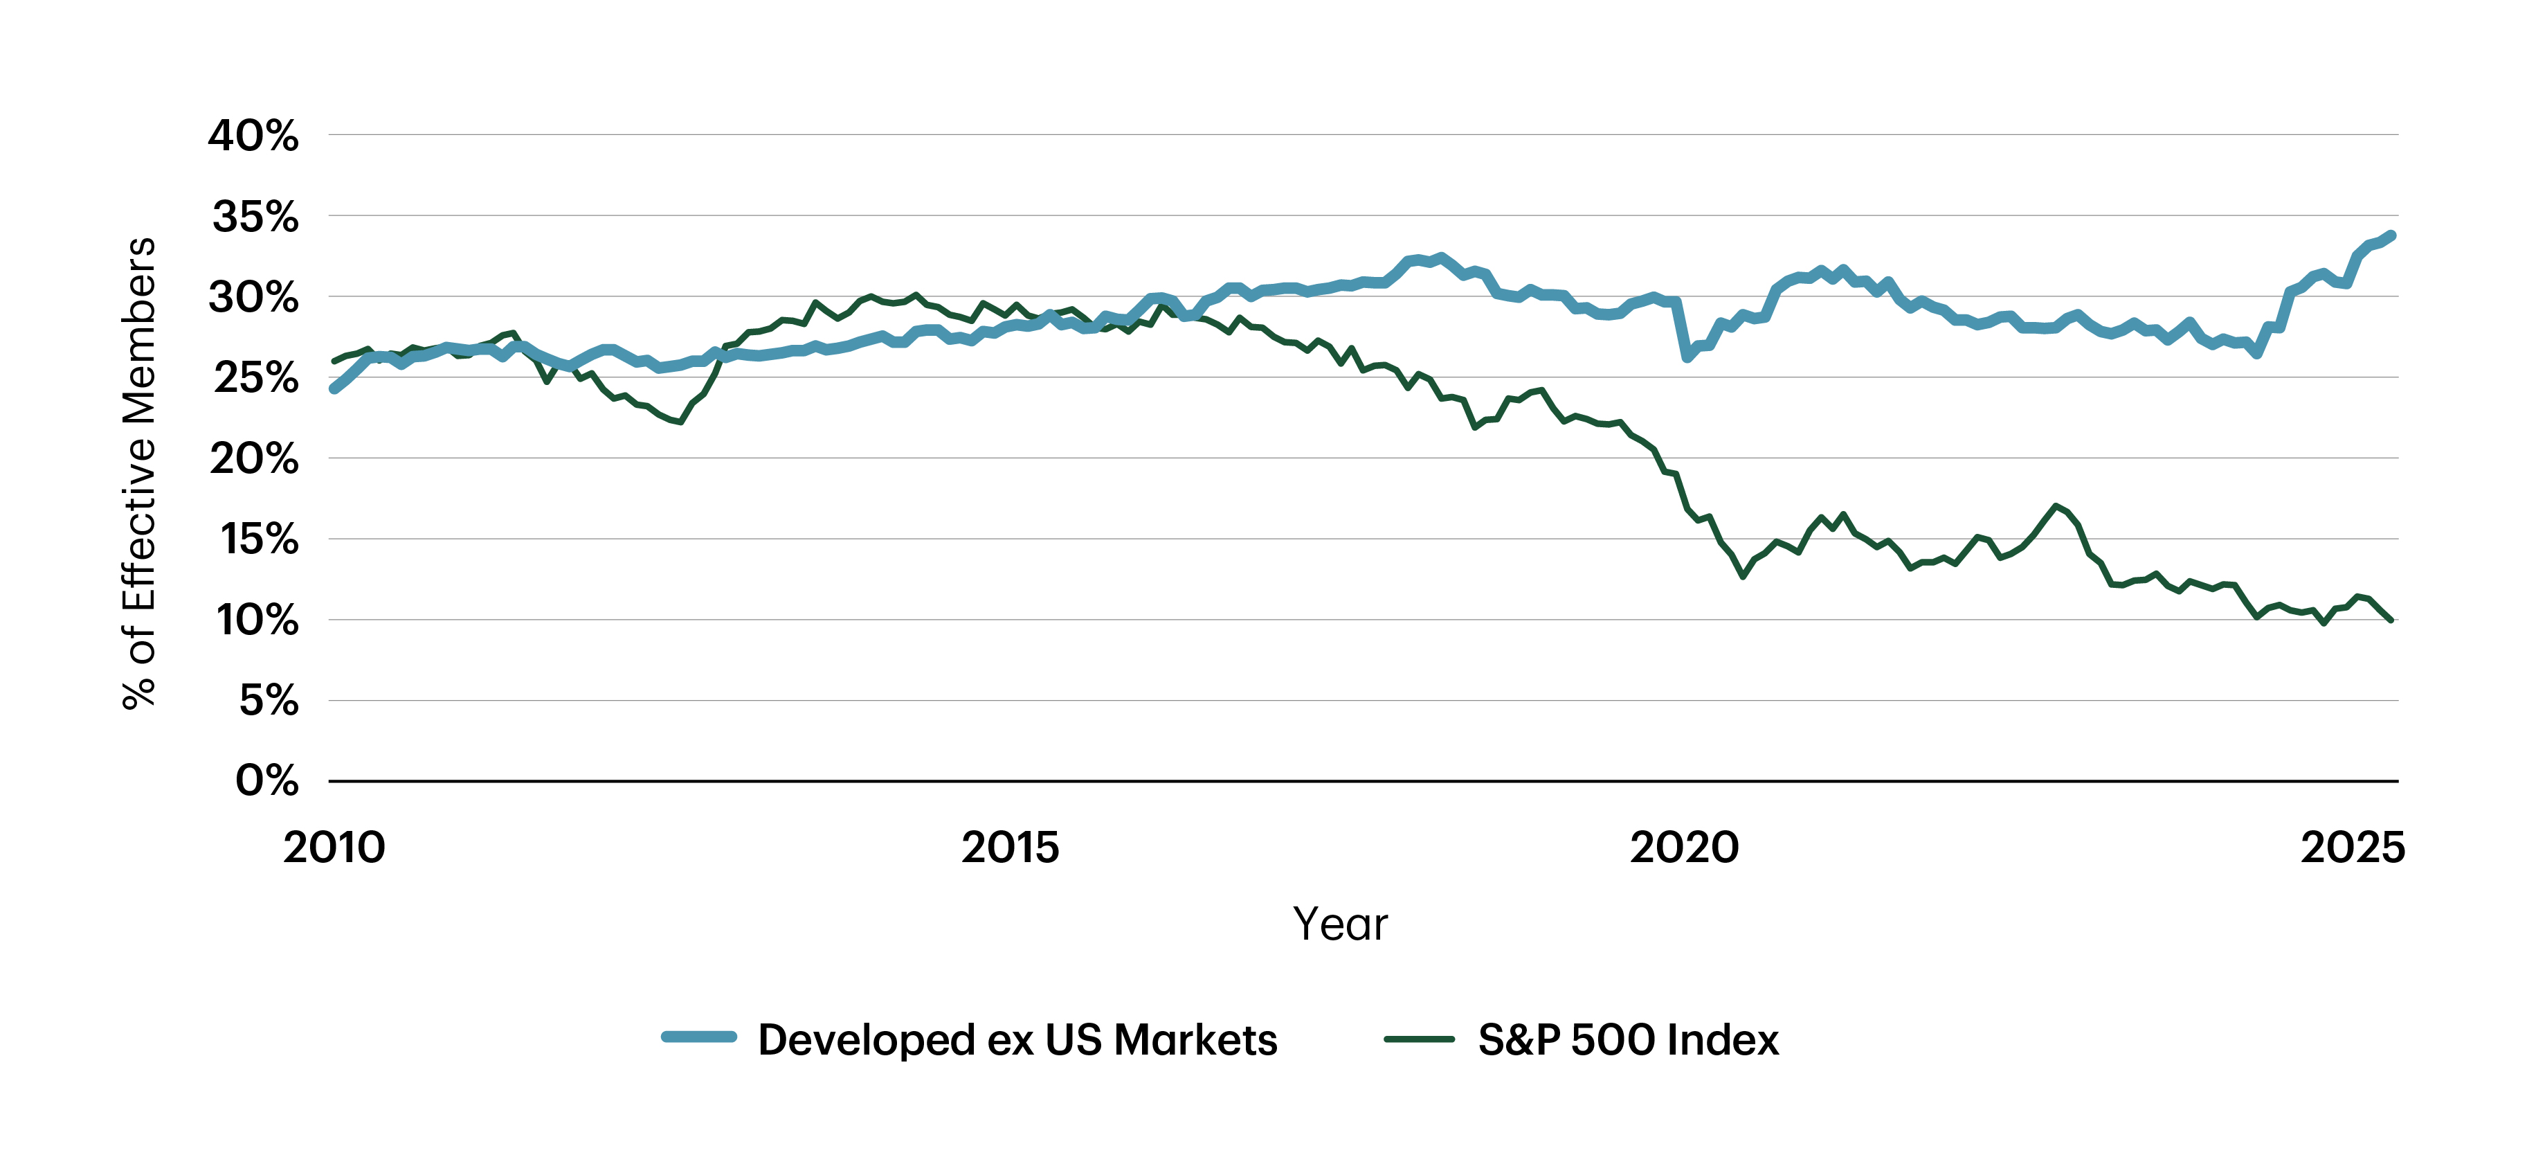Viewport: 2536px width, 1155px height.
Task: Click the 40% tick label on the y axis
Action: tap(253, 136)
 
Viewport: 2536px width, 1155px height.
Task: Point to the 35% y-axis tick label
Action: tap(255, 217)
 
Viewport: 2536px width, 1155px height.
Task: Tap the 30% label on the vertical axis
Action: tap(253, 297)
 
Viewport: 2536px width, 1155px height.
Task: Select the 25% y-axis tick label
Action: tap(255, 378)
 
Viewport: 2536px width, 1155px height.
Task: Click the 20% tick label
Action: tap(254, 459)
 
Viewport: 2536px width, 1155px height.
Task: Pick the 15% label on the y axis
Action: tap(258, 539)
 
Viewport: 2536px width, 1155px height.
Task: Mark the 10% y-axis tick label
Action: tap(257, 620)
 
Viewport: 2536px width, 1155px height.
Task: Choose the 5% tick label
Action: tap(268, 701)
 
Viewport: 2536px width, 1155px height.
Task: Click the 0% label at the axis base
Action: tap(266, 781)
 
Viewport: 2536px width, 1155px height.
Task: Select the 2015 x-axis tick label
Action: tap(1010, 848)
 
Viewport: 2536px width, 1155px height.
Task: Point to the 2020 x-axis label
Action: tap(1685, 848)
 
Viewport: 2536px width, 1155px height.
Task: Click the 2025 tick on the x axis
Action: tap(2353, 848)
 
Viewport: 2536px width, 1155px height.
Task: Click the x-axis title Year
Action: tap(1340, 924)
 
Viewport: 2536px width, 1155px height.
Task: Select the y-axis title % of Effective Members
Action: tap(139, 473)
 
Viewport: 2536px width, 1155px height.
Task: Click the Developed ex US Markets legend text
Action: tap(1017, 1040)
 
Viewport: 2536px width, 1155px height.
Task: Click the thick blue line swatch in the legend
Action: tap(699, 1037)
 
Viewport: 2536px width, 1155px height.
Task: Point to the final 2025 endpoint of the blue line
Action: tap(2391, 236)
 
